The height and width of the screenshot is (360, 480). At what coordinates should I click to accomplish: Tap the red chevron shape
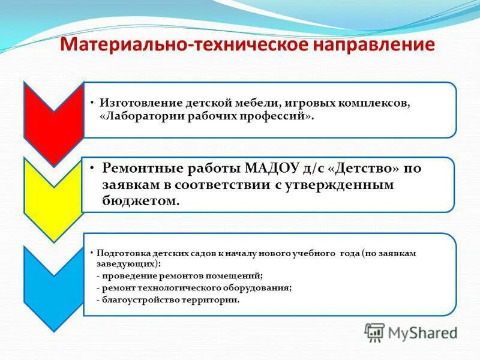coord(53,117)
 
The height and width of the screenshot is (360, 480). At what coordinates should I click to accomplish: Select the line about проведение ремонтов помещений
coord(179,276)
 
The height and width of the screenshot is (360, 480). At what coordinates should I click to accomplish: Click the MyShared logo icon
coord(375,332)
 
